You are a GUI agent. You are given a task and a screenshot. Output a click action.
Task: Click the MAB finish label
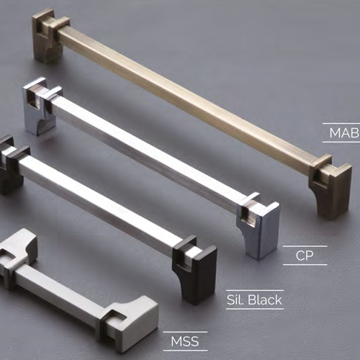pyautogui.click(x=344, y=132)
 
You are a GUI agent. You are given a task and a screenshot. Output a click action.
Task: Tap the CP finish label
pyautogui.click(x=305, y=256)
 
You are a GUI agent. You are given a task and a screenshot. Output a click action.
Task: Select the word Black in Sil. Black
pyautogui.click(x=264, y=300)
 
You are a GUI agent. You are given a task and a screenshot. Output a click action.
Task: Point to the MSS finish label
pyautogui.click(x=185, y=341)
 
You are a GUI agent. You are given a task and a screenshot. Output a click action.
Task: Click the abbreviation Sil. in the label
pyautogui.click(x=235, y=300)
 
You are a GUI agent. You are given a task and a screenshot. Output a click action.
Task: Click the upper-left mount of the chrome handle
pyautogui.click(x=42, y=106)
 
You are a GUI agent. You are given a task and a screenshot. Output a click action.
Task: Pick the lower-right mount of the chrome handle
pyautogui.click(x=259, y=225)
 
